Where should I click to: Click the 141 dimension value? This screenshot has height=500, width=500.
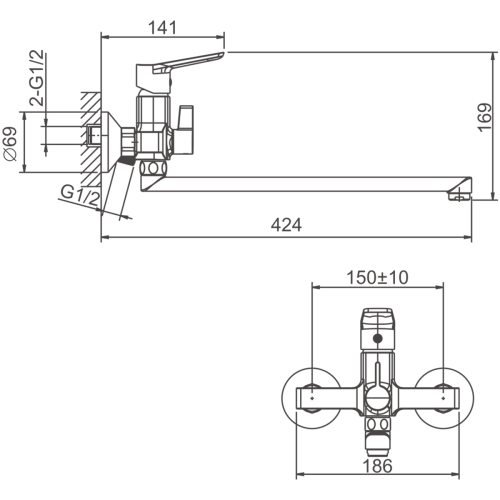click(x=162, y=27)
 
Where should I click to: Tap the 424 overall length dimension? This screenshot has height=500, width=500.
click(x=286, y=225)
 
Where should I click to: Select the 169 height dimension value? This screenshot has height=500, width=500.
click(x=485, y=118)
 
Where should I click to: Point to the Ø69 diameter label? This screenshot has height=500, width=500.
click(x=10, y=144)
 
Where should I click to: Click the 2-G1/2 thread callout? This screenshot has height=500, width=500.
click(x=36, y=78)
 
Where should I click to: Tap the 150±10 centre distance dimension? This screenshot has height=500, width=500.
click(x=377, y=277)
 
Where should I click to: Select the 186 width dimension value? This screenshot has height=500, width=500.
click(x=377, y=466)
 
